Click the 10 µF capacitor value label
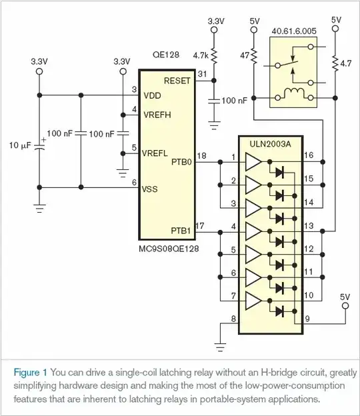[x=19, y=145]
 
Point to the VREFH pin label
[x=157, y=115]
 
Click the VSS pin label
[x=150, y=189]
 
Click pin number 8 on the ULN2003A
[x=233, y=318]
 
